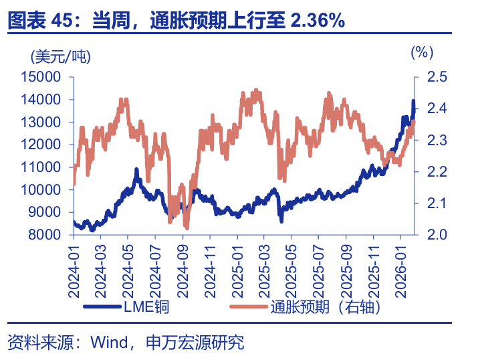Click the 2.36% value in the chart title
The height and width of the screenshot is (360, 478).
[318, 21]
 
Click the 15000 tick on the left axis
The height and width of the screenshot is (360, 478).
[42, 77]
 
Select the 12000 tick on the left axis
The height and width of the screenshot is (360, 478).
[42, 145]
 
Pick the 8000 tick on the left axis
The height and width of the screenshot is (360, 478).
[45, 235]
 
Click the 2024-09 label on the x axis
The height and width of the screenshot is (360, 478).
[183, 270]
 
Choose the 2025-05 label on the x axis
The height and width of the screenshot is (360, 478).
[291, 270]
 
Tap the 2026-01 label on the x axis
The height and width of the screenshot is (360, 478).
[400, 270]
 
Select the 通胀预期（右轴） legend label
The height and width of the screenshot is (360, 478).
[326, 307]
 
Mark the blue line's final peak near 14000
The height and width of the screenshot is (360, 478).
[412, 102]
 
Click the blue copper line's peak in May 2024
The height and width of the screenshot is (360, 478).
[136, 171]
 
